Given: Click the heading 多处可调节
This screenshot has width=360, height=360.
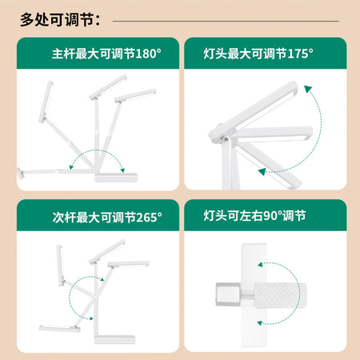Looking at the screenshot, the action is (57, 20).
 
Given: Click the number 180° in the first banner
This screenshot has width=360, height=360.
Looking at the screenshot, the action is (148, 54).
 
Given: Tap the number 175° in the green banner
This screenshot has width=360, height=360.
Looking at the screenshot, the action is (300, 54).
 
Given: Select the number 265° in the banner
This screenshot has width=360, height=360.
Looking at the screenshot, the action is (149, 218).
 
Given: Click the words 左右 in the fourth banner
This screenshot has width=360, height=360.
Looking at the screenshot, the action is (251, 215).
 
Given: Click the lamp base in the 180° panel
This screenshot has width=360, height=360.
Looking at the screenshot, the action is (116, 178).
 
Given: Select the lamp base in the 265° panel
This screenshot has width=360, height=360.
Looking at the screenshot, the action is (114, 339).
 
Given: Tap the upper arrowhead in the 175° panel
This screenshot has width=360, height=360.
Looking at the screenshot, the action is (308, 89).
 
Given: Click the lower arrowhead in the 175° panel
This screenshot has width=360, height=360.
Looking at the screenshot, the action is (262, 172).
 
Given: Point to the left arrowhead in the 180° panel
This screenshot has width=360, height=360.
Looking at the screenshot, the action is (71, 167).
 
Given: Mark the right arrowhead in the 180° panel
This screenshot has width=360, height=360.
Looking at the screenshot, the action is (122, 170).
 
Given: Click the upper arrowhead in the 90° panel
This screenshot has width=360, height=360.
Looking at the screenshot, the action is (260, 265).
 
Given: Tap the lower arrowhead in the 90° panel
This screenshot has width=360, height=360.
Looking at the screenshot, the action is (260, 323).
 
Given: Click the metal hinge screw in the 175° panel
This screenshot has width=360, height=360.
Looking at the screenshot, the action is (226, 138).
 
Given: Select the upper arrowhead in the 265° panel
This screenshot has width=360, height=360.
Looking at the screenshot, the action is (102, 279).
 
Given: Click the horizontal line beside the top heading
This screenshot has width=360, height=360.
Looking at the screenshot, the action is (226, 21).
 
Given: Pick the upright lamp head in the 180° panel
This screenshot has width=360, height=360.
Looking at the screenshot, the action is (46, 102).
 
